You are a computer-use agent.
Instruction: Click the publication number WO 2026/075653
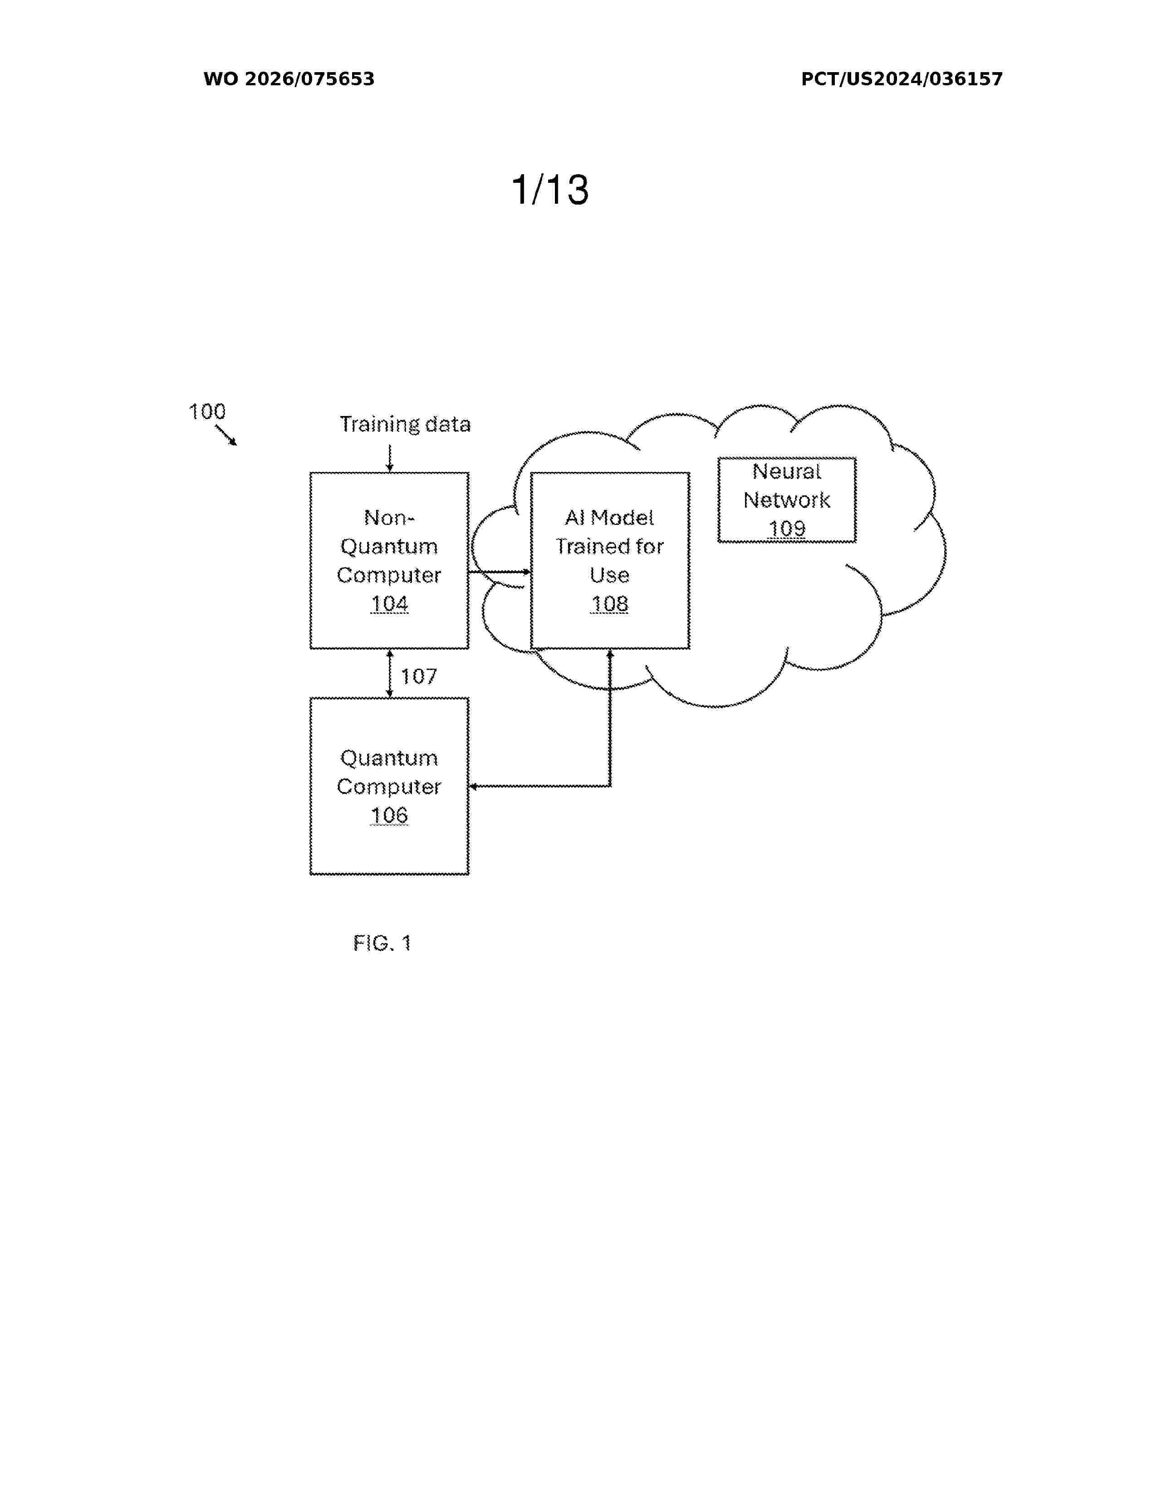tap(289, 79)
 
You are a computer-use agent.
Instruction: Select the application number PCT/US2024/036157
tap(902, 79)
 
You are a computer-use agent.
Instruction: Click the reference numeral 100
tap(207, 411)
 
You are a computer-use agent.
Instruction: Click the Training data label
tap(405, 424)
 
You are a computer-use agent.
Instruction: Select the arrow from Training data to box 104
tap(389, 458)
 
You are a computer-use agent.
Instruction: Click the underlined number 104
tap(389, 604)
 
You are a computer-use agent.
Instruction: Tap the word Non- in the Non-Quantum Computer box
tap(389, 518)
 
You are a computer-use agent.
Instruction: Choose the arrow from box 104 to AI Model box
tap(500, 572)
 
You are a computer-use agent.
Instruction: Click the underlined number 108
tap(609, 604)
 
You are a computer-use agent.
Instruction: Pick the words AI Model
tap(609, 518)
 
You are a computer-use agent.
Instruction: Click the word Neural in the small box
tap(786, 472)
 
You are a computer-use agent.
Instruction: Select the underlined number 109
tap(787, 529)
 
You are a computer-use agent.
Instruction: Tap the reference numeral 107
tap(419, 676)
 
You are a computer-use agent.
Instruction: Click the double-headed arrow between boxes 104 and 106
tap(389, 673)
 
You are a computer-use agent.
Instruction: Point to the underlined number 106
tap(389, 816)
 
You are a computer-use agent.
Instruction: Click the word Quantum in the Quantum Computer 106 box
tap(389, 758)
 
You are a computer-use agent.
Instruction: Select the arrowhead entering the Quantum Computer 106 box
tap(473, 786)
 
